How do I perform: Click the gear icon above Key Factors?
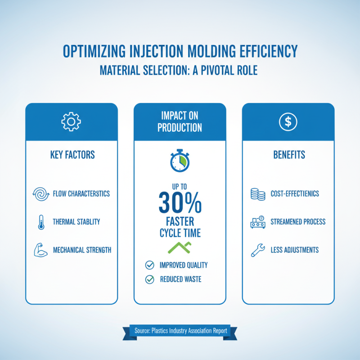tap(71, 121)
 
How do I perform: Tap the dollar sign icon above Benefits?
tap(288, 121)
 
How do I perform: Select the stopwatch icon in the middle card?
tap(180, 159)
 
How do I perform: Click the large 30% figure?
tap(180, 203)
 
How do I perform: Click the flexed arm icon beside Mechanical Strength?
tap(39, 249)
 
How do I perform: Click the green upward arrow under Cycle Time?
tap(180, 246)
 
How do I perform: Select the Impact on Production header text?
tap(180, 121)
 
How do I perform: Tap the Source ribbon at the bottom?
tap(180, 331)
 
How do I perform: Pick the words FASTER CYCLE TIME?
tap(180, 227)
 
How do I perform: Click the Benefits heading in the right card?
tap(288, 155)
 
